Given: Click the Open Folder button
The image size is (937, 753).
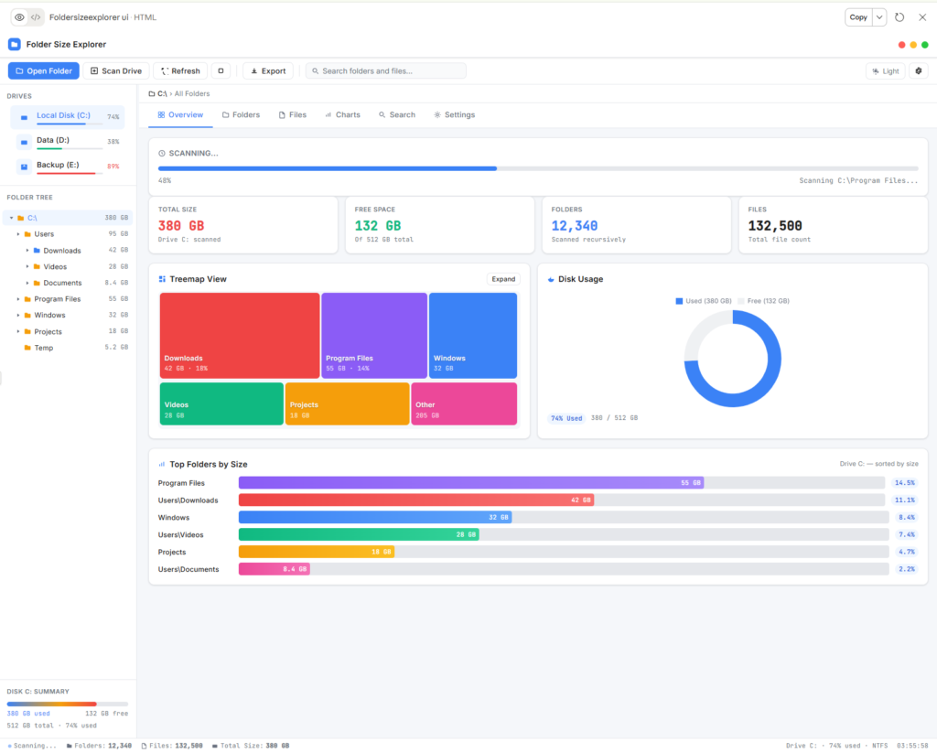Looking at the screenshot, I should [44, 70].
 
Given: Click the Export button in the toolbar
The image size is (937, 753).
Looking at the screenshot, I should [268, 70].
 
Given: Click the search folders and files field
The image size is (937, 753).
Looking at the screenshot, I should [386, 70].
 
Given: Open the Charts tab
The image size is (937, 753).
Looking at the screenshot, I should [342, 114].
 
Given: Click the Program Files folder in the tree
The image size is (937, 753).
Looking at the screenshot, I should [58, 299].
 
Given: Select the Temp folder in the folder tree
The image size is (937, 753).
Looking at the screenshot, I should [44, 348].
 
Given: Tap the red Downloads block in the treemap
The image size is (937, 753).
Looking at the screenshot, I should [240, 335].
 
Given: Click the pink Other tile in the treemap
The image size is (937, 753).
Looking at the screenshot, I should [464, 403].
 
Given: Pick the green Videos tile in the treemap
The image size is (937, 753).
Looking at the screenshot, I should [221, 403].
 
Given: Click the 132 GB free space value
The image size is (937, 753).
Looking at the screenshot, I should [378, 225].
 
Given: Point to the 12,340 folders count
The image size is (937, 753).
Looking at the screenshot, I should [575, 225].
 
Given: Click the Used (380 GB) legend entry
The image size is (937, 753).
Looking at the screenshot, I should [705, 300].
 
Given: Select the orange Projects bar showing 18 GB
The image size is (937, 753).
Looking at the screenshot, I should [317, 552].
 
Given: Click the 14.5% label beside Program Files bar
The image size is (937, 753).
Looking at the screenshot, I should [904, 483].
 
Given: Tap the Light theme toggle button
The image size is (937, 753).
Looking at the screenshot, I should [885, 70].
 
